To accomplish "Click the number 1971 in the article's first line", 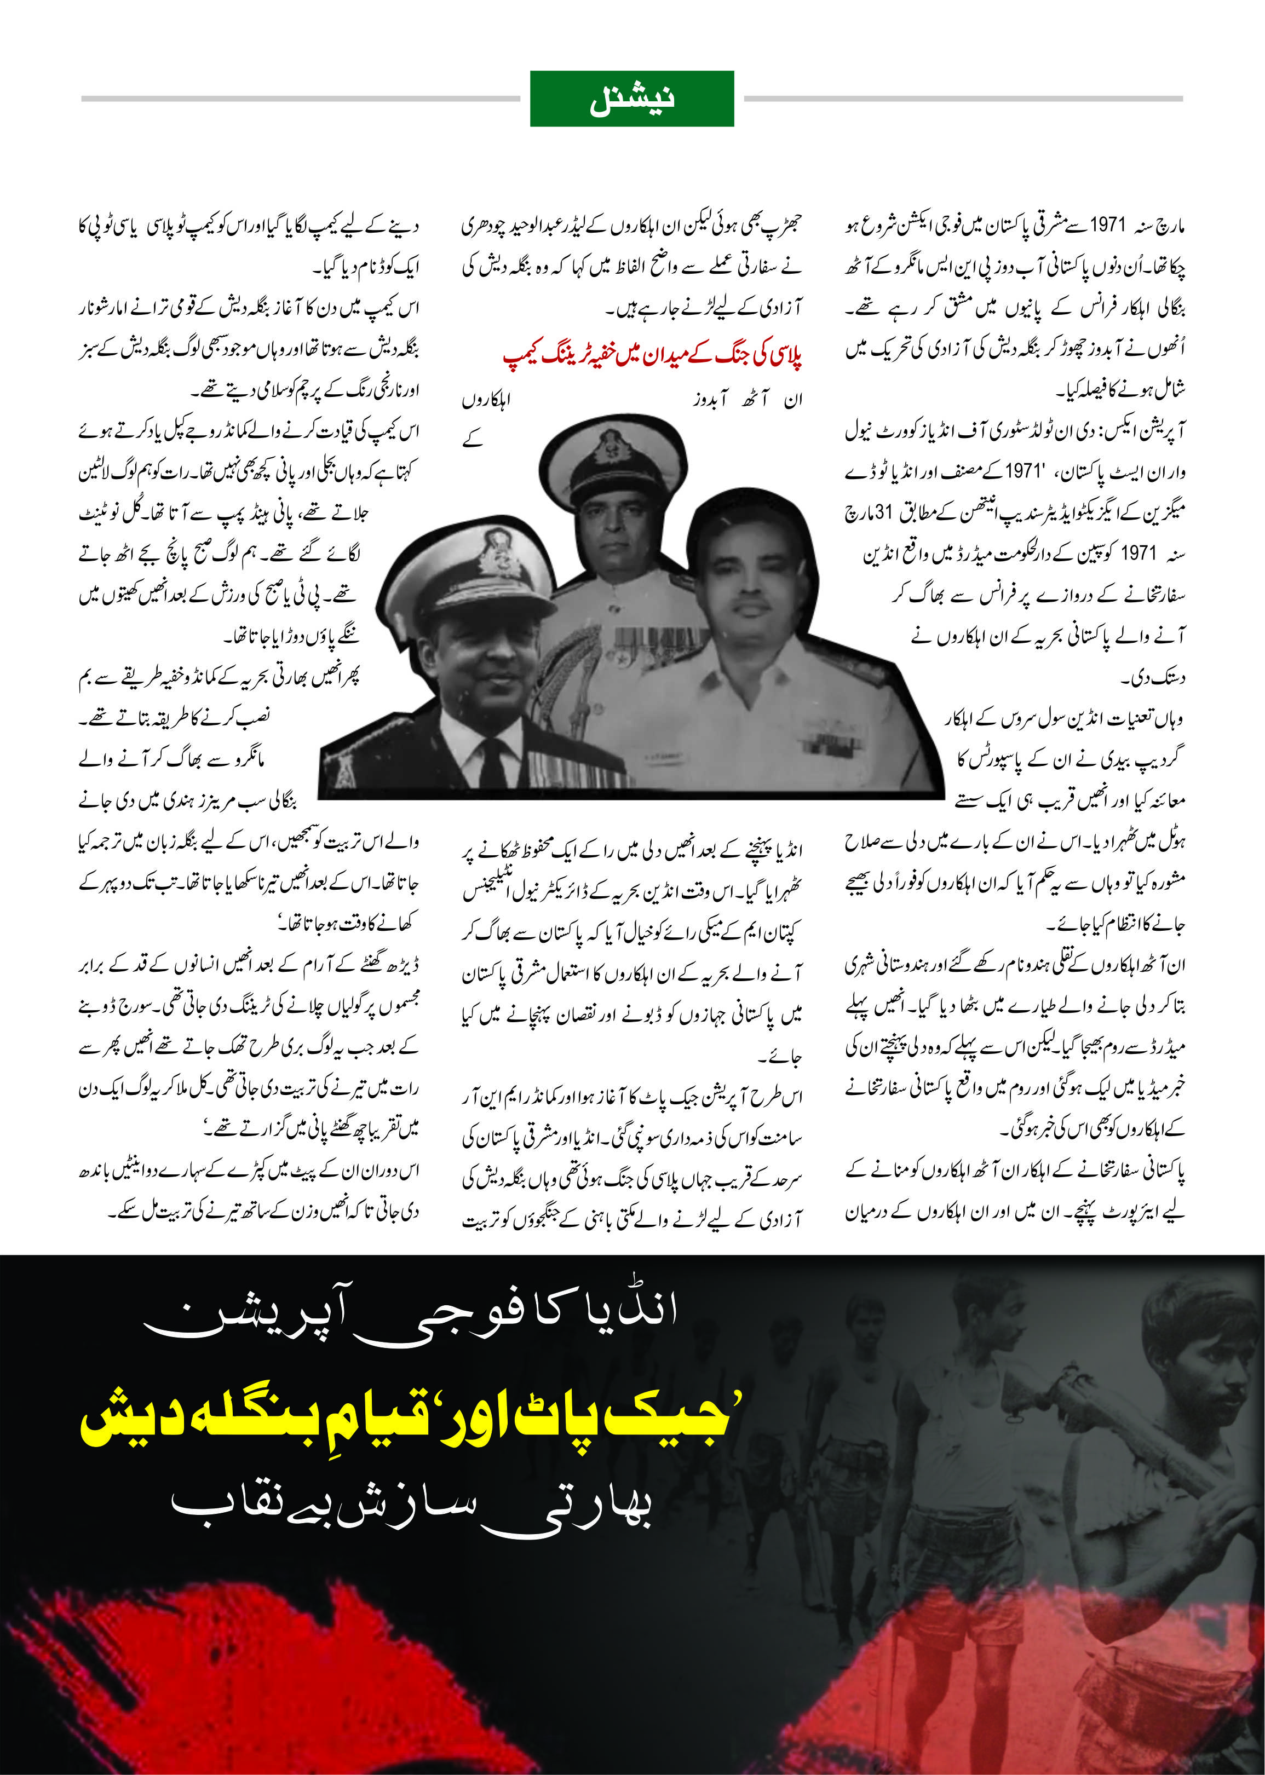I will pos(1108,226).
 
